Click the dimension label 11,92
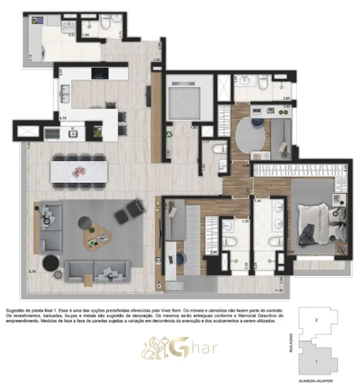pyautogui.click(x=278, y=291)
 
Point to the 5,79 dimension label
pyautogui.click(x=32, y=271)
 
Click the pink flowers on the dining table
pyautogui.click(x=76, y=173)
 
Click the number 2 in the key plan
pyautogui.click(x=317, y=320)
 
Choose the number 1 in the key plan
pyautogui.click(x=317, y=361)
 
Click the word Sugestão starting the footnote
pyautogui.click(x=16, y=310)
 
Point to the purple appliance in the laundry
pyautogui.click(x=38, y=21)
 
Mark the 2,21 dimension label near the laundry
pyautogui.click(x=72, y=35)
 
